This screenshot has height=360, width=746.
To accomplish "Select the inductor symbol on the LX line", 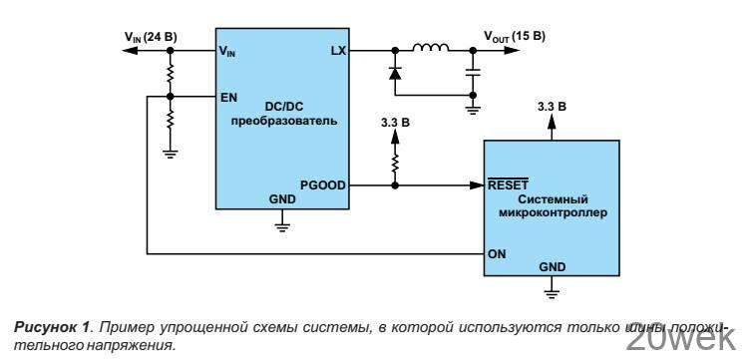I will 430,47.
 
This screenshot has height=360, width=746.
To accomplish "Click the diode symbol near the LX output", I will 396,72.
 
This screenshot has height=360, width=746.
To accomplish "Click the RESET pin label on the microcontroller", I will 508,184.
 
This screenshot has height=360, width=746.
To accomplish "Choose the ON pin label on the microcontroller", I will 497,252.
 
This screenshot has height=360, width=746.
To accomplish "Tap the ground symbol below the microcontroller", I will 552,291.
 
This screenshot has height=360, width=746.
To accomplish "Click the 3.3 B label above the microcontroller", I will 552,105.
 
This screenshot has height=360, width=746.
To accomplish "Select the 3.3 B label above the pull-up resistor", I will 396,124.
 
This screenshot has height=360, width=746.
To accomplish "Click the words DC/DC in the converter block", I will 282,108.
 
